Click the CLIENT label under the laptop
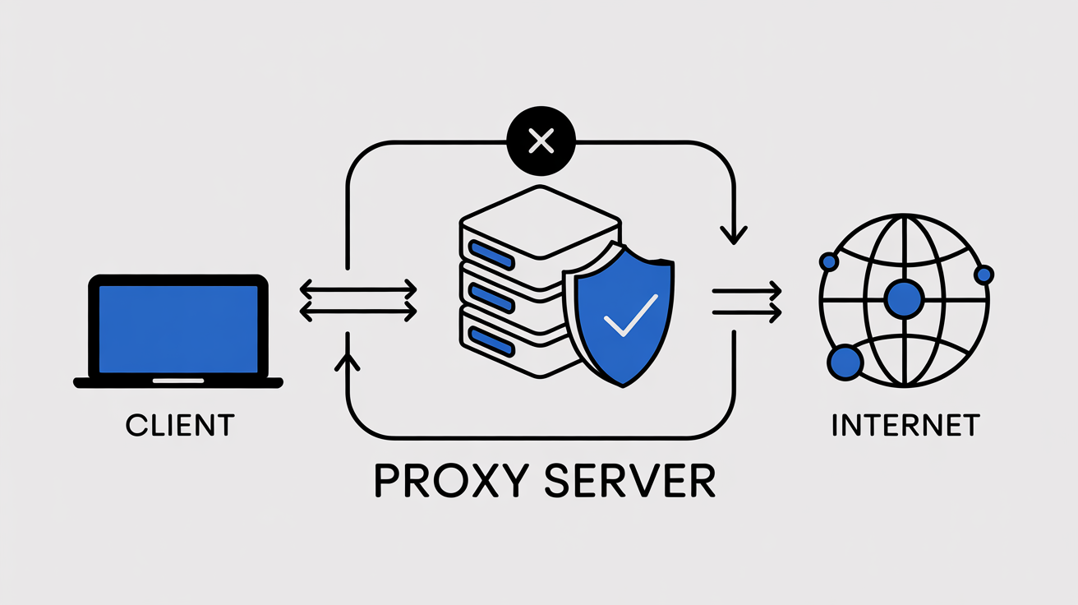pyautogui.click(x=180, y=425)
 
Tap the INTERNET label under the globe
pyautogui.click(x=905, y=425)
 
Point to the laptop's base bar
pyautogui.click(x=178, y=382)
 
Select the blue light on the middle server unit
pyautogui.click(x=490, y=295)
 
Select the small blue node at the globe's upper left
pyautogui.click(x=829, y=262)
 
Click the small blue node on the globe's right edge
pyautogui.click(x=983, y=275)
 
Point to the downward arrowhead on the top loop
pyautogui.click(x=733, y=233)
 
